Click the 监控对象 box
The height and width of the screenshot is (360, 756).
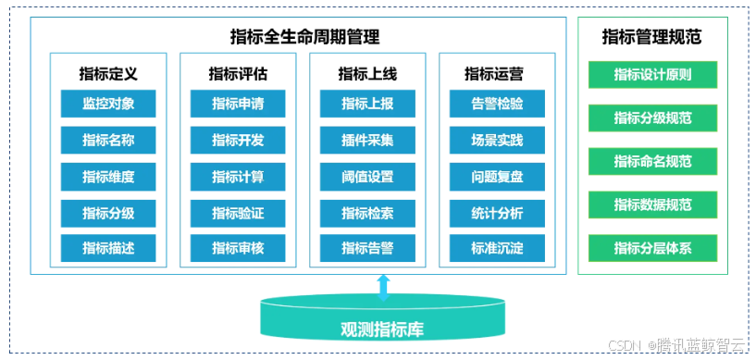pos(108,104)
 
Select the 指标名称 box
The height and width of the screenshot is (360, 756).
pos(108,141)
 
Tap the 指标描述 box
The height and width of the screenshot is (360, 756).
pos(108,248)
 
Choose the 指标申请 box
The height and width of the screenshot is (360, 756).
pos(238,104)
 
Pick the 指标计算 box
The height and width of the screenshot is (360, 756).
pos(238,177)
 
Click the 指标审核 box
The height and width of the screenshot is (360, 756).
pos(238,248)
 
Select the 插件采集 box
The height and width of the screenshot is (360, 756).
pos(367,141)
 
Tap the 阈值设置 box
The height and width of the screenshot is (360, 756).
pos(367,177)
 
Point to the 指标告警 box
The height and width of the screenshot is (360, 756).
pos(367,248)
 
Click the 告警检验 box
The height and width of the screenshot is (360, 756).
pos(497,104)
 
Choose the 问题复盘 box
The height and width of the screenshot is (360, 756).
pos(497,177)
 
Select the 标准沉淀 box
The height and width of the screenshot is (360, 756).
pos(497,248)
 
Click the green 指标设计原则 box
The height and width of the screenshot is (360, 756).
pos(652,75)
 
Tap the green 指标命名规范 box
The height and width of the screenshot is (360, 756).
pos(652,161)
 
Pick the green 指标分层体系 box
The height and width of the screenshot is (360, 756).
pos(652,247)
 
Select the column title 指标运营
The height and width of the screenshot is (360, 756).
pos(497,73)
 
